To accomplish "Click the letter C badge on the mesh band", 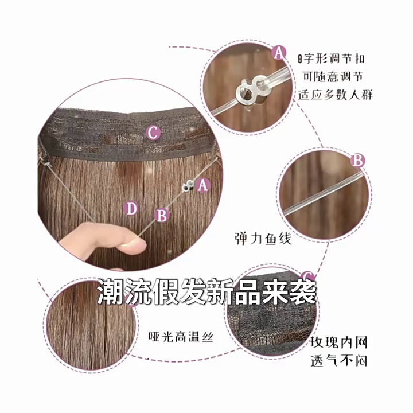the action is [154, 133].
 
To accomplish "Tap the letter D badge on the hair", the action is [131, 208].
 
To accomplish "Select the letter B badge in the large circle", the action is [162, 215].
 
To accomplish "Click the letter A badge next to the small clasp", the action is [202, 185].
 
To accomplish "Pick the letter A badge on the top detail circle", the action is [279, 52].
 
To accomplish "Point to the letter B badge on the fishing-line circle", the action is [358, 160].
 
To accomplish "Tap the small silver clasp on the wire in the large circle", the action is [188, 185].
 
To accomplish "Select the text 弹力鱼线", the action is [263, 239].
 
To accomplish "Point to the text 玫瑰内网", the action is [338, 342].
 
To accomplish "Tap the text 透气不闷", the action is [339, 360].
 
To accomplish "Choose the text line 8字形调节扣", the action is [331, 59].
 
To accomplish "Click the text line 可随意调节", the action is [333, 76].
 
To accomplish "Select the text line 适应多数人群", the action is [336, 94].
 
